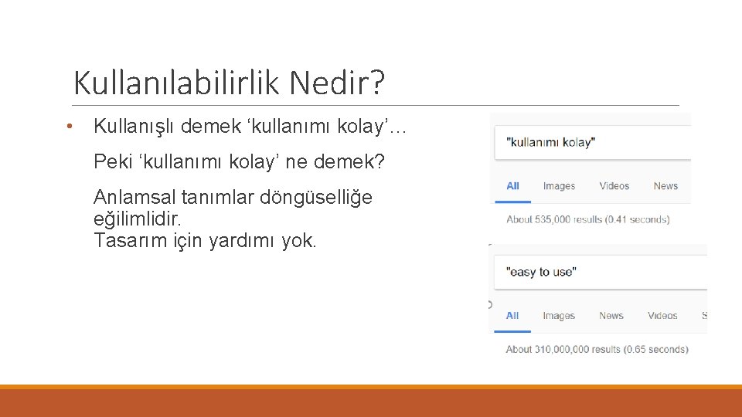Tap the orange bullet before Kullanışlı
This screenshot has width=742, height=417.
point(70,127)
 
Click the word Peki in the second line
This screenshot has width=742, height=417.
point(112,162)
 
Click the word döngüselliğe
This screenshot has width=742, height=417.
point(316,198)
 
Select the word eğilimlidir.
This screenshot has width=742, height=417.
point(137,219)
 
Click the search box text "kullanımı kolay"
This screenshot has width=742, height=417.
point(550,143)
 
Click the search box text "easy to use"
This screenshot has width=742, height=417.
point(541,272)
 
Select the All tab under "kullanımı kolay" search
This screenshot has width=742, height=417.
point(512,186)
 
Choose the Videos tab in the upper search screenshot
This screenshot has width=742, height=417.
point(614,186)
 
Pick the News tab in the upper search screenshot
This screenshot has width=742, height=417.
point(665,186)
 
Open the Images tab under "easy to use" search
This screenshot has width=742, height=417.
point(559,316)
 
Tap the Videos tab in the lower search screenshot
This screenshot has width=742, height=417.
point(662,316)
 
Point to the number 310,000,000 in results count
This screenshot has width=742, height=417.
point(567,350)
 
